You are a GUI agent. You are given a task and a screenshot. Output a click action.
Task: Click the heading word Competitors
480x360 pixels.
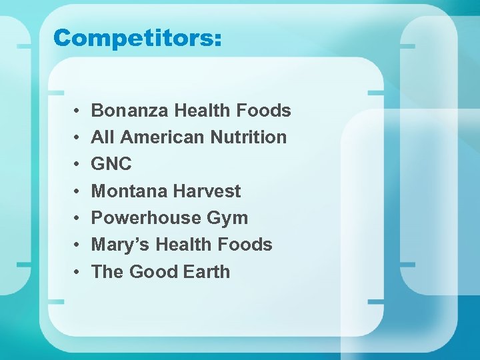coord(137,38)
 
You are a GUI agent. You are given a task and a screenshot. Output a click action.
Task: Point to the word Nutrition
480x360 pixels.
coord(248,137)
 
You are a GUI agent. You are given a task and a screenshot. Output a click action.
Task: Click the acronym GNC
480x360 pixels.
coord(111,164)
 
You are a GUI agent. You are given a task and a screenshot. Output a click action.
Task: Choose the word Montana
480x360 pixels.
coord(127,191)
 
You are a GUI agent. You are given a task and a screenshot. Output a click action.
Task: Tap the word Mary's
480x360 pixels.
coord(121,245)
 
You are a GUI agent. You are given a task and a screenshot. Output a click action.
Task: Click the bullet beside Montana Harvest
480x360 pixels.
coord(78,191)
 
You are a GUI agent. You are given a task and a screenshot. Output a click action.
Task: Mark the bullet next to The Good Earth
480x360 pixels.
coord(78,272)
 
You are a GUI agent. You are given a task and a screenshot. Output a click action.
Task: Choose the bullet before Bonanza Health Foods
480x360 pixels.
coord(78,111)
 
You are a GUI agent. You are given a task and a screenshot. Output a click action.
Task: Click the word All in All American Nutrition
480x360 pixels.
coord(103,137)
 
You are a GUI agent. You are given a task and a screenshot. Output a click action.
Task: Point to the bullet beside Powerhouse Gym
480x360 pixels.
coord(78,219)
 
